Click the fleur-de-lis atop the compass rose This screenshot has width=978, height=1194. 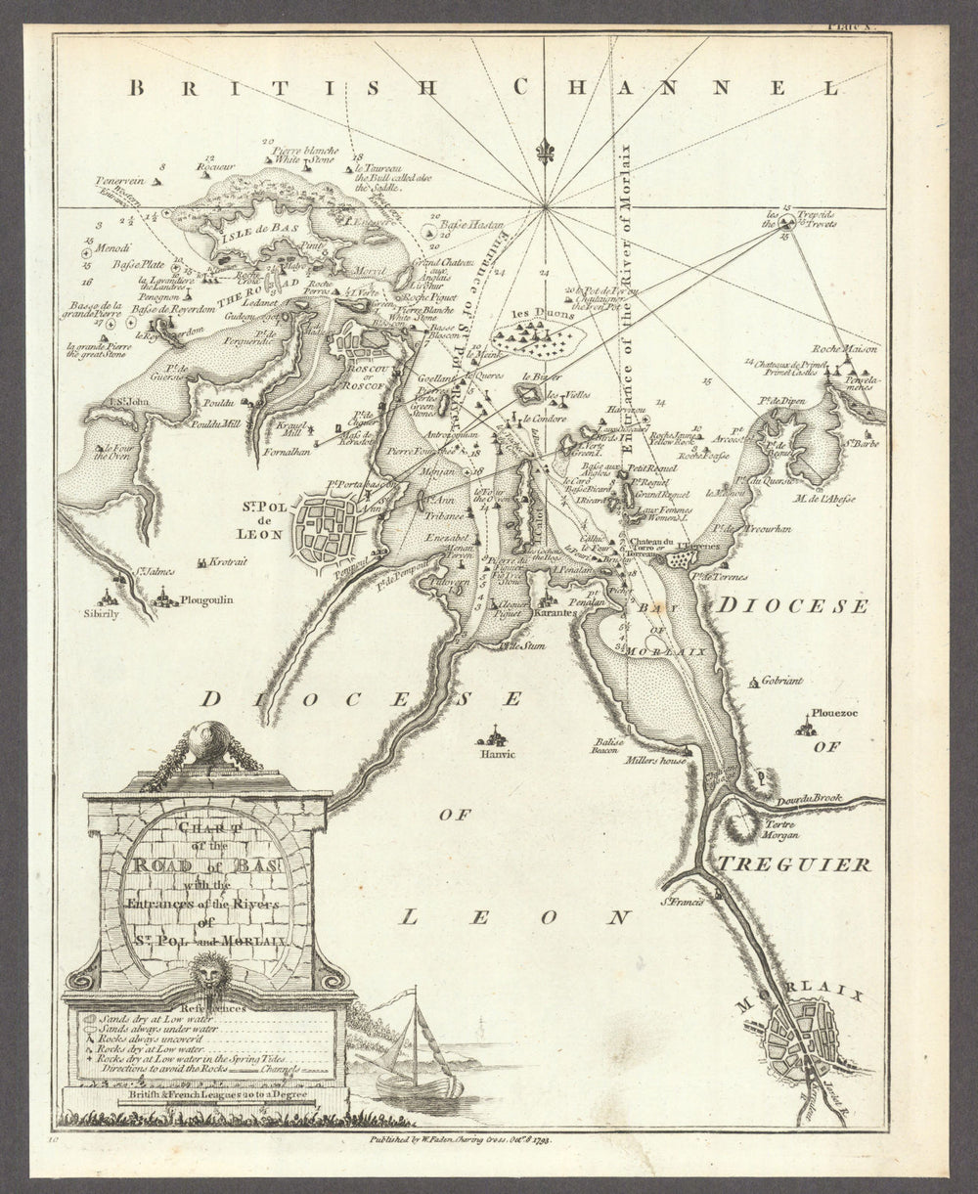(544, 152)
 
